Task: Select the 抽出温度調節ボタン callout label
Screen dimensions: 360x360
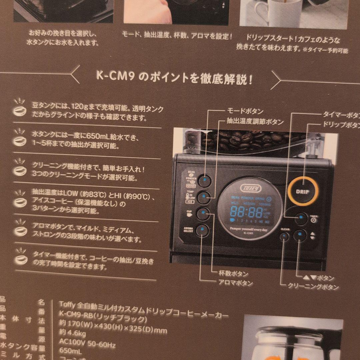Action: (255, 122)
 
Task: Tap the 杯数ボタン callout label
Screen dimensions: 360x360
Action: (233, 274)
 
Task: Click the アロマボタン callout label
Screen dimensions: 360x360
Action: (235, 283)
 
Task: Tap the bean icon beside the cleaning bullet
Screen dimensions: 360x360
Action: (20, 170)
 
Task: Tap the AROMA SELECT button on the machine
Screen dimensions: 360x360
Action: (202, 230)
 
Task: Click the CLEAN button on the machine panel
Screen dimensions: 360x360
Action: (284, 237)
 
